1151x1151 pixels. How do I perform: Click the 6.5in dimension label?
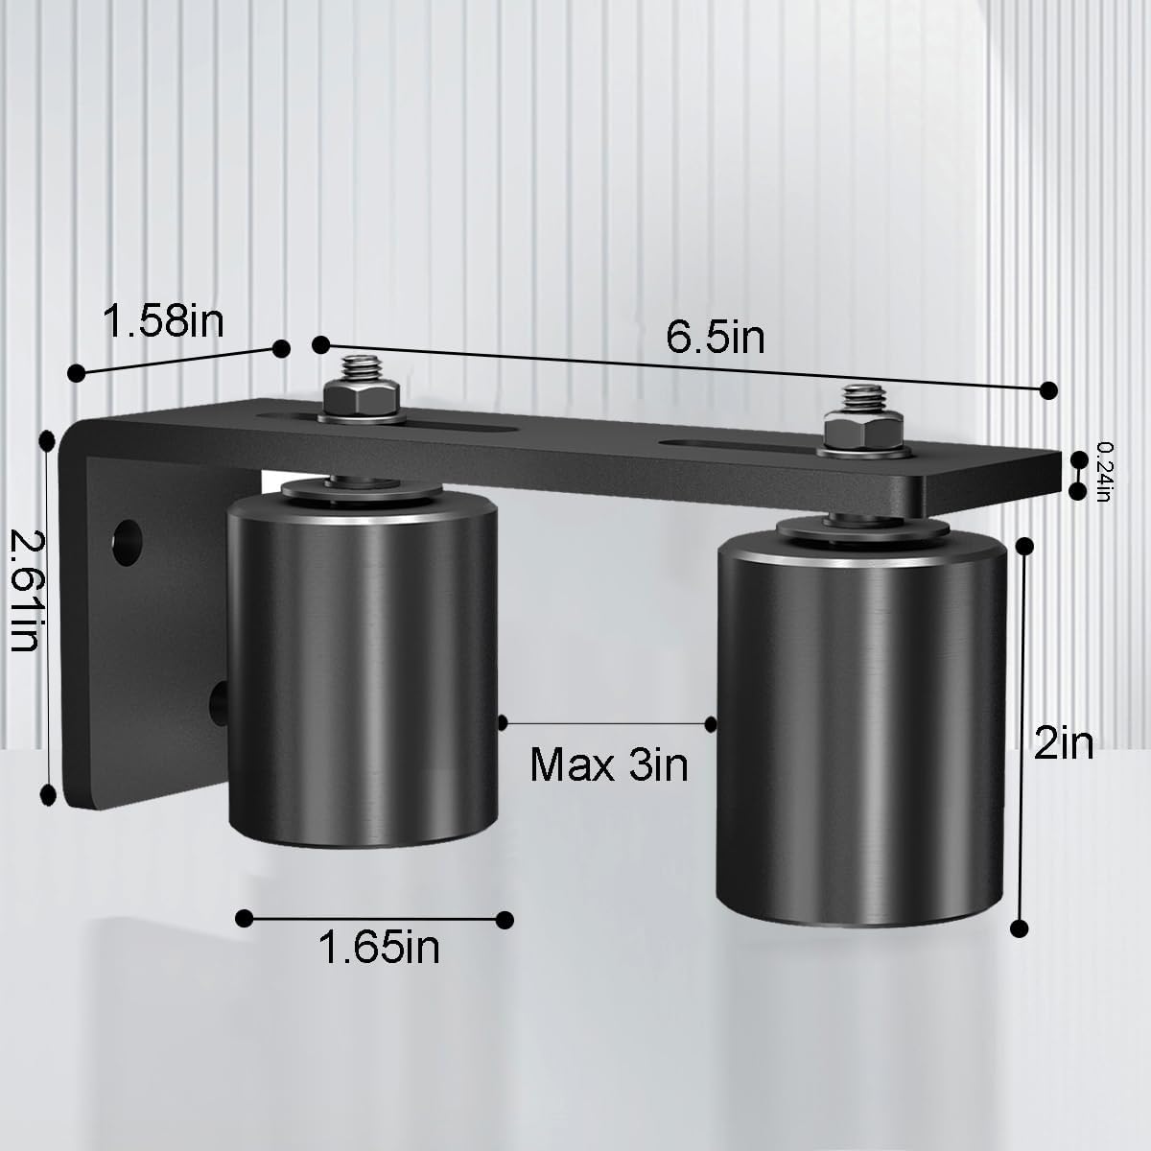(x=716, y=337)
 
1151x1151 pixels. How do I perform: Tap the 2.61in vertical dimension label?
(x=24, y=594)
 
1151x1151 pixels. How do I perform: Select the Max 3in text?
(x=609, y=764)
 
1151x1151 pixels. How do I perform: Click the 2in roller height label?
(x=1063, y=741)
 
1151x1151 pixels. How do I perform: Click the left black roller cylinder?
(x=363, y=671)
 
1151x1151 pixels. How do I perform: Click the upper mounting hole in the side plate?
(x=126, y=540)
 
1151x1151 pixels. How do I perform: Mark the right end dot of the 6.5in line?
(x=1048, y=388)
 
